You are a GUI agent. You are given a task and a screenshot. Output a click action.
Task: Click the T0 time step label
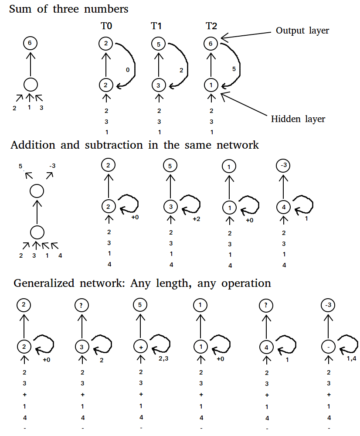click(106, 27)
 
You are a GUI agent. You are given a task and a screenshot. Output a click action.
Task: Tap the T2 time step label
click(211, 27)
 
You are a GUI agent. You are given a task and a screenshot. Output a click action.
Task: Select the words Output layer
click(302, 31)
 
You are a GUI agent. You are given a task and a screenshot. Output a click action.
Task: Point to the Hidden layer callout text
click(298, 119)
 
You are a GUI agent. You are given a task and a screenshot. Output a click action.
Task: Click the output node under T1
click(159, 44)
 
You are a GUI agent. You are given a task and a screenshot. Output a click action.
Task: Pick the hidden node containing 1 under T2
click(211, 85)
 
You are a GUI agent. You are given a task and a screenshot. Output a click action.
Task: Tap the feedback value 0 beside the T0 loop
click(127, 70)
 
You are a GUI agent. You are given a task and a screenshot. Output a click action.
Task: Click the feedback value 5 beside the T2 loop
click(234, 68)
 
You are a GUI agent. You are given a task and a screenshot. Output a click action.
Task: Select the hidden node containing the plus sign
click(140, 347)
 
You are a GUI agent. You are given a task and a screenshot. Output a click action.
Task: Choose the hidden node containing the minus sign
click(328, 347)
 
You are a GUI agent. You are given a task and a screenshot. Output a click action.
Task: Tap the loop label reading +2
click(196, 218)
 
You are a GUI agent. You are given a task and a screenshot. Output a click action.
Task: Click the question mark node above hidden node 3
click(82, 306)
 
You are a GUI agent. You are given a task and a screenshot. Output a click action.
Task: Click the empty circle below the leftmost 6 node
click(30, 85)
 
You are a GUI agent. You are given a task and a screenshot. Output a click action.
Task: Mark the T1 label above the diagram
click(158, 27)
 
